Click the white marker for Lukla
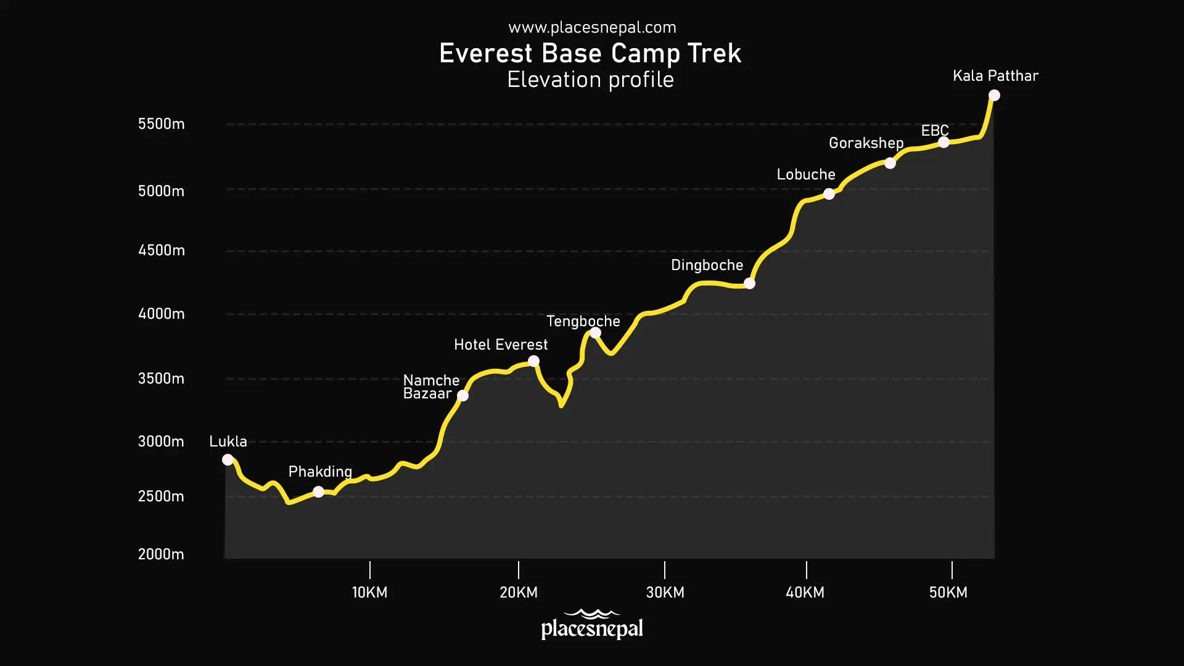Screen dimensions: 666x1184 (x=228, y=459)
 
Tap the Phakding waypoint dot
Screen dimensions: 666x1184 (x=318, y=491)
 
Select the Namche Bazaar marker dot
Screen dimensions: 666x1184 (x=462, y=395)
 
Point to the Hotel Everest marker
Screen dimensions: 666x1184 (x=533, y=361)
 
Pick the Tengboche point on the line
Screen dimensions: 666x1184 (x=595, y=333)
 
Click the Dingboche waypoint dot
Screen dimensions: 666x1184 (x=749, y=284)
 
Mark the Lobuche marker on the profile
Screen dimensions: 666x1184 (x=829, y=194)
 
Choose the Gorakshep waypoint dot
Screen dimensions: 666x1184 (x=890, y=163)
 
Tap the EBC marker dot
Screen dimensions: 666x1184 (x=943, y=142)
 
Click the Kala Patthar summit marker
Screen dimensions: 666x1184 (x=994, y=95)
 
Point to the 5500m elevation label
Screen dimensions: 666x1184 (x=161, y=124)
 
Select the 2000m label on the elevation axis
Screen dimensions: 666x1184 (x=161, y=554)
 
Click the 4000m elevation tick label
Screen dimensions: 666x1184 (x=161, y=314)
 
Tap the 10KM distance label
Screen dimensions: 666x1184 (x=369, y=593)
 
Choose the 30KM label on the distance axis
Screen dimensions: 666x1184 (x=665, y=593)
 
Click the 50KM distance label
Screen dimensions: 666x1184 (x=948, y=593)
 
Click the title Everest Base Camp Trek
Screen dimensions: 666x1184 (x=590, y=54)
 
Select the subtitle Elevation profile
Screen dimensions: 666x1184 (x=590, y=80)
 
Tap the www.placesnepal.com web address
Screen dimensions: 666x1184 (x=592, y=27)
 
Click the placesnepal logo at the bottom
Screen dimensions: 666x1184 (x=592, y=625)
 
